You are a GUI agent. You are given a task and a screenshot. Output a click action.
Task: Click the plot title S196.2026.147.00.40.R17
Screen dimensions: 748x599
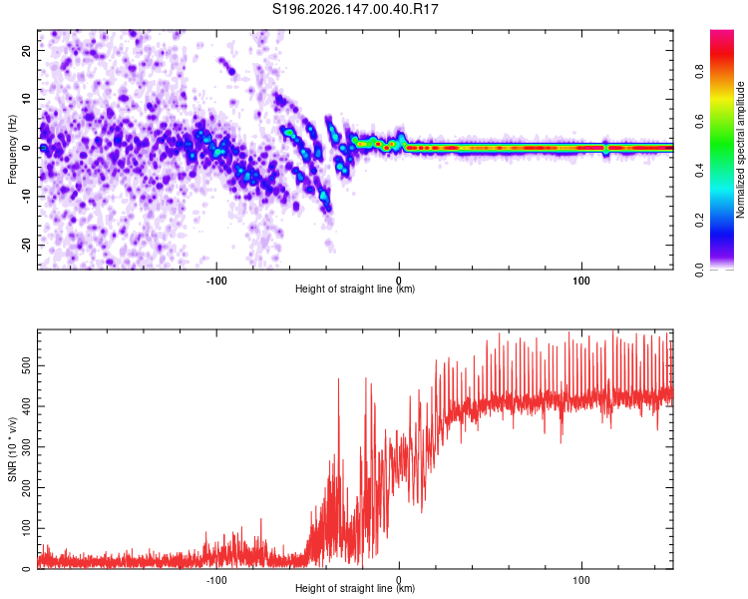[x=355, y=9]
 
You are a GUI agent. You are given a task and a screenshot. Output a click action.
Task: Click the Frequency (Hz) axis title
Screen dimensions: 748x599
[x=12, y=150]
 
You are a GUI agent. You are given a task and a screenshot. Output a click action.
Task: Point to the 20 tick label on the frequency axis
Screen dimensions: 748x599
[x=27, y=50]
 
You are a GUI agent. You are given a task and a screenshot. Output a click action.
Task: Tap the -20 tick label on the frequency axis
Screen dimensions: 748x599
[x=27, y=246]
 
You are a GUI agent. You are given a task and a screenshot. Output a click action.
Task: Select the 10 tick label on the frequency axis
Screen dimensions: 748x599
[x=27, y=99]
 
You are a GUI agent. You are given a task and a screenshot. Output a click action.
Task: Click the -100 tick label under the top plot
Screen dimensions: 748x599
[x=216, y=281]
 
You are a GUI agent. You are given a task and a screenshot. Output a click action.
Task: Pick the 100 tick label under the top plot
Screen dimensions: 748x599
[x=581, y=281]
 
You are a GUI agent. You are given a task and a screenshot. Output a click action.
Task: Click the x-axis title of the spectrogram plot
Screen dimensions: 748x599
[x=355, y=289]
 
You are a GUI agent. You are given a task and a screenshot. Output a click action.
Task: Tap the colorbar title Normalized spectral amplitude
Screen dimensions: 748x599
[x=740, y=150]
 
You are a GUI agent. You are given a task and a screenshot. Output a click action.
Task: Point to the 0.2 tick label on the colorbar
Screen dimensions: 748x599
[x=699, y=221]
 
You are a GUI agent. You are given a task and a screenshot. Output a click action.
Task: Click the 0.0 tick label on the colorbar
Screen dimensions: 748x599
[x=699, y=270]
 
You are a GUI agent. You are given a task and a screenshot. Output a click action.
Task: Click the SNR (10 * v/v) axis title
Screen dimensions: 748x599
[x=12, y=449]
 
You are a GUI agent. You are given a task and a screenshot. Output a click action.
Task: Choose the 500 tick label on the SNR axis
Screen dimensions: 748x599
[x=27, y=366]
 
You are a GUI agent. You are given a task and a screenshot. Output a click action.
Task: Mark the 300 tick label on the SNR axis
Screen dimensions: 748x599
[x=27, y=447]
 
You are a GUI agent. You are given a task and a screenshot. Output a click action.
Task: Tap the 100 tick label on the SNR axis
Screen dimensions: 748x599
[x=27, y=528]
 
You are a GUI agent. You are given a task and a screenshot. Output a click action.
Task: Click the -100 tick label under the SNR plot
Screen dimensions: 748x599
[x=216, y=580]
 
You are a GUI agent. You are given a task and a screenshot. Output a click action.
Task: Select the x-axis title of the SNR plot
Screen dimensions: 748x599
[x=355, y=588]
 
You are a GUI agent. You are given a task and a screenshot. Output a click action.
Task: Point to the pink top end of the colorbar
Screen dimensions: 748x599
[x=722, y=32]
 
